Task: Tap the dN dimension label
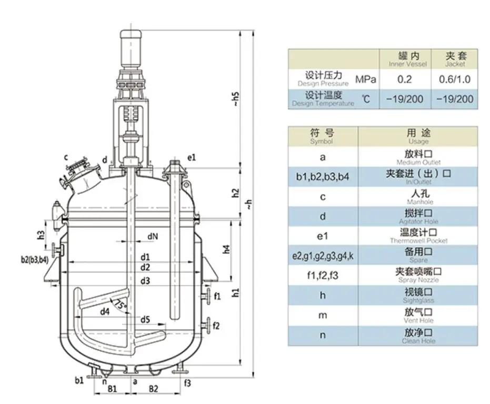point(153,237)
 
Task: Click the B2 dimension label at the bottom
point(153,389)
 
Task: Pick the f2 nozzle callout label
point(216,326)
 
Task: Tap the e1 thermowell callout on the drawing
point(192,157)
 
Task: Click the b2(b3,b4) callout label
point(35,260)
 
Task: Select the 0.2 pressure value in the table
point(405,80)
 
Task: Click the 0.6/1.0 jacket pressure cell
point(455,80)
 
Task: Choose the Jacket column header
point(455,58)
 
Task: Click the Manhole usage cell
point(418,197)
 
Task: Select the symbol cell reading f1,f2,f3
point(323,275)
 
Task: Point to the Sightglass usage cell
point(418,295)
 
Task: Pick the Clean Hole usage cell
point(418,336)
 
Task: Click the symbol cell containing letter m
point(323,315)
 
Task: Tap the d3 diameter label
point(146,281)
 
